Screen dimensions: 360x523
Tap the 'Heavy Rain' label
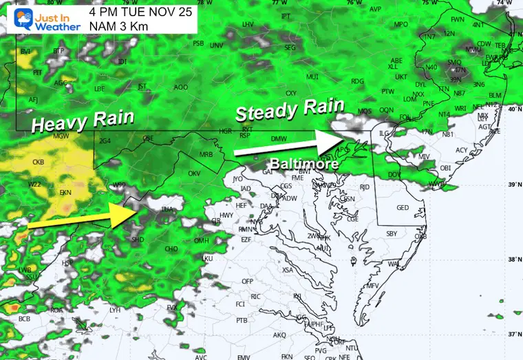pyautogui.click(x=83, y=122)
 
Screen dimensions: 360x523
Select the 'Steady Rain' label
pyautogui.click(x=289, y=109)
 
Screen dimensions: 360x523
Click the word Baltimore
pyautogui.click(x=303, y=165)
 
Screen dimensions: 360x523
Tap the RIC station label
pyautogui.click(x=256, y=297)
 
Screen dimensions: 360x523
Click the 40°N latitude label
pyautogui.click(x=512, y=109)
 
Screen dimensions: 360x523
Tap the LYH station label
pyautogui.click(x=115, y=310)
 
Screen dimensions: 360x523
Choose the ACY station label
pyautogui.click(x=461, y=150)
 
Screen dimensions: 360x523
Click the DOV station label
pyautogui.click(x=395, y=175)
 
